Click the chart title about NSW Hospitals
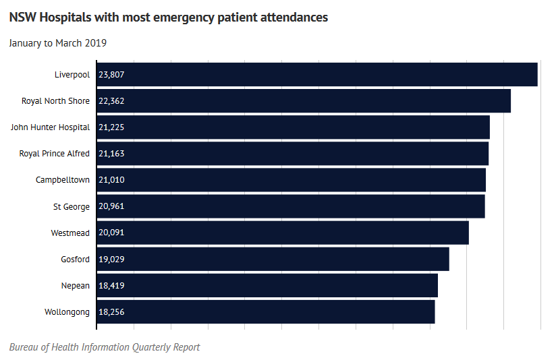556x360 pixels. pos(169,18)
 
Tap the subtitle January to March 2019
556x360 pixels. pos(58,43)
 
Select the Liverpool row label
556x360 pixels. pos(72,75)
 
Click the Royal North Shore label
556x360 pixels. pos(55,101)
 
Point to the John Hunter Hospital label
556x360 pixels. pos(50,127)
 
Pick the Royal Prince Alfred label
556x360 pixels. pos(54,154)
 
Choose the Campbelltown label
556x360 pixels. pos(62,180)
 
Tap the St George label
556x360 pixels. pos(71,206)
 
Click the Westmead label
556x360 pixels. pos(70,233)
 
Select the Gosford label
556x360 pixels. pos(75,259)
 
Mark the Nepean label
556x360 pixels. pos(75,286)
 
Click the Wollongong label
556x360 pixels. pos(67,312)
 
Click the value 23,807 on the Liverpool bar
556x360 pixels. pos(111,75)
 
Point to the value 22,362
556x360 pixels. pos(111,101)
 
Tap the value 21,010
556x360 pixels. pos(111,180)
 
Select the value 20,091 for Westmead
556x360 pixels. pos(111,233)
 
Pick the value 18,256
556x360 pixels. pos(111,312)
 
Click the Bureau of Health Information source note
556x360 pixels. pos(105,347)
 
